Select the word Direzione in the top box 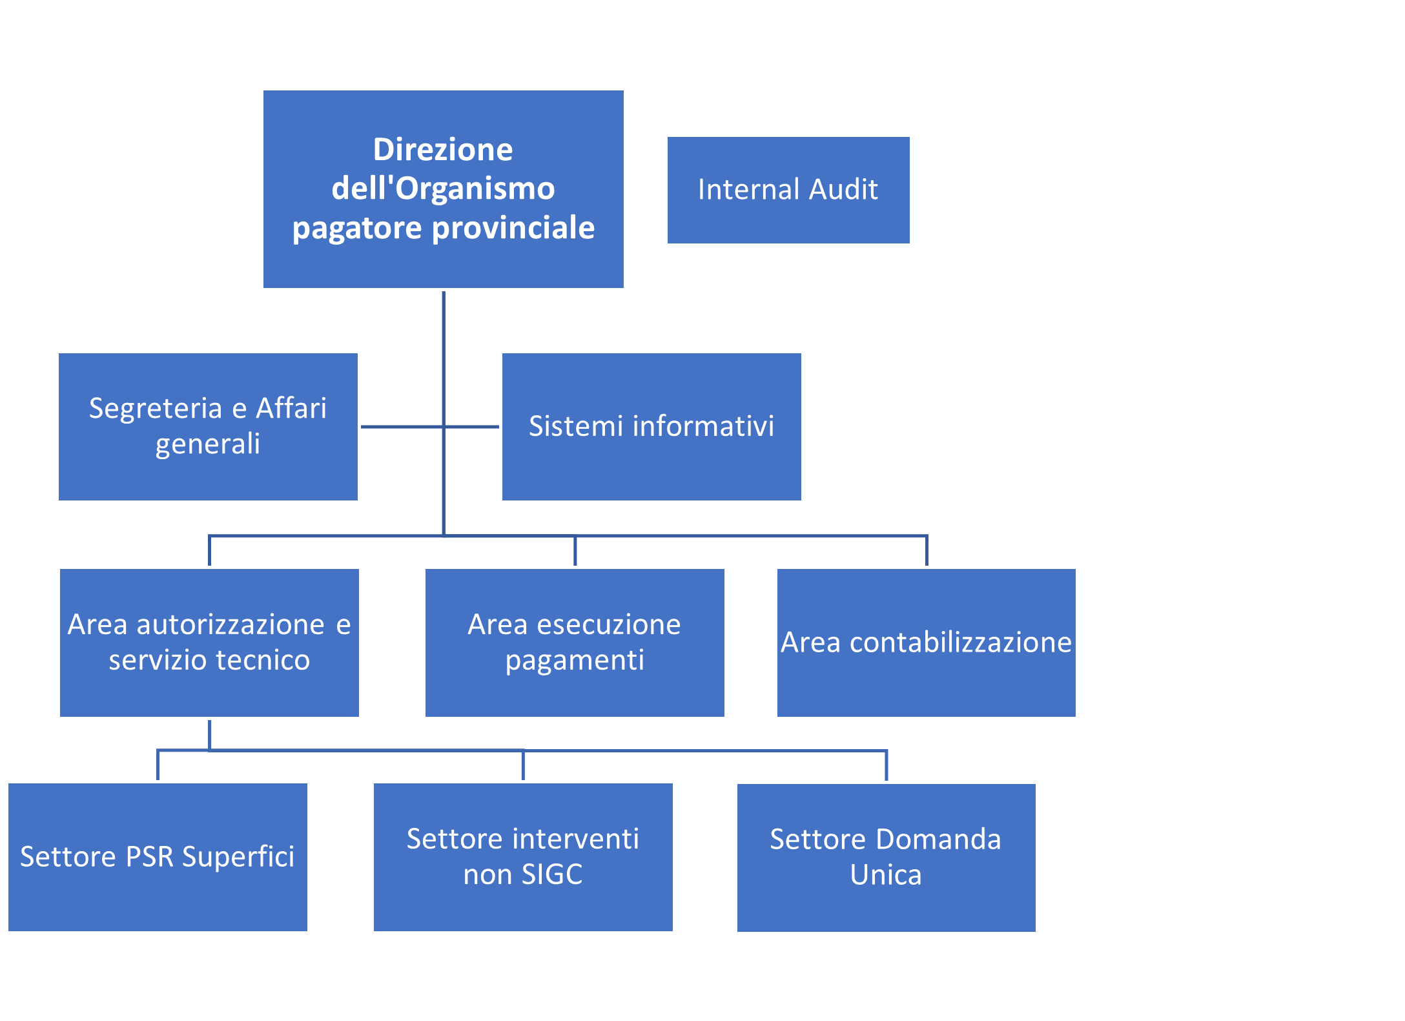(x=443, y=150)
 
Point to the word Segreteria (x=155, y=408)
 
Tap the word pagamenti (x=575, y=660)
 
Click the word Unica (x=886, y=874)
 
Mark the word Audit (x=843, y=190)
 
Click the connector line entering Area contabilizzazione (x=927, y=551)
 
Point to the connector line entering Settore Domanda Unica (x=886, y=766)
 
